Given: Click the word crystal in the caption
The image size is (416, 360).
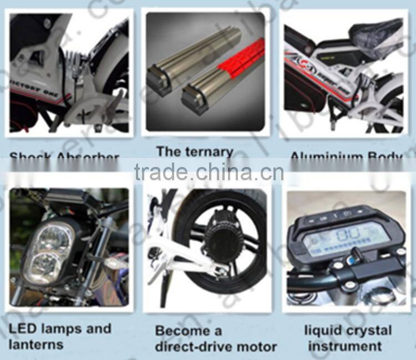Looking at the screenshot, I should click(369, 331).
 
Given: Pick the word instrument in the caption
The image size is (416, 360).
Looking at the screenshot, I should click(345, 347).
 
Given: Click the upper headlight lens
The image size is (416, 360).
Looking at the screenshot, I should click(54, 237).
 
